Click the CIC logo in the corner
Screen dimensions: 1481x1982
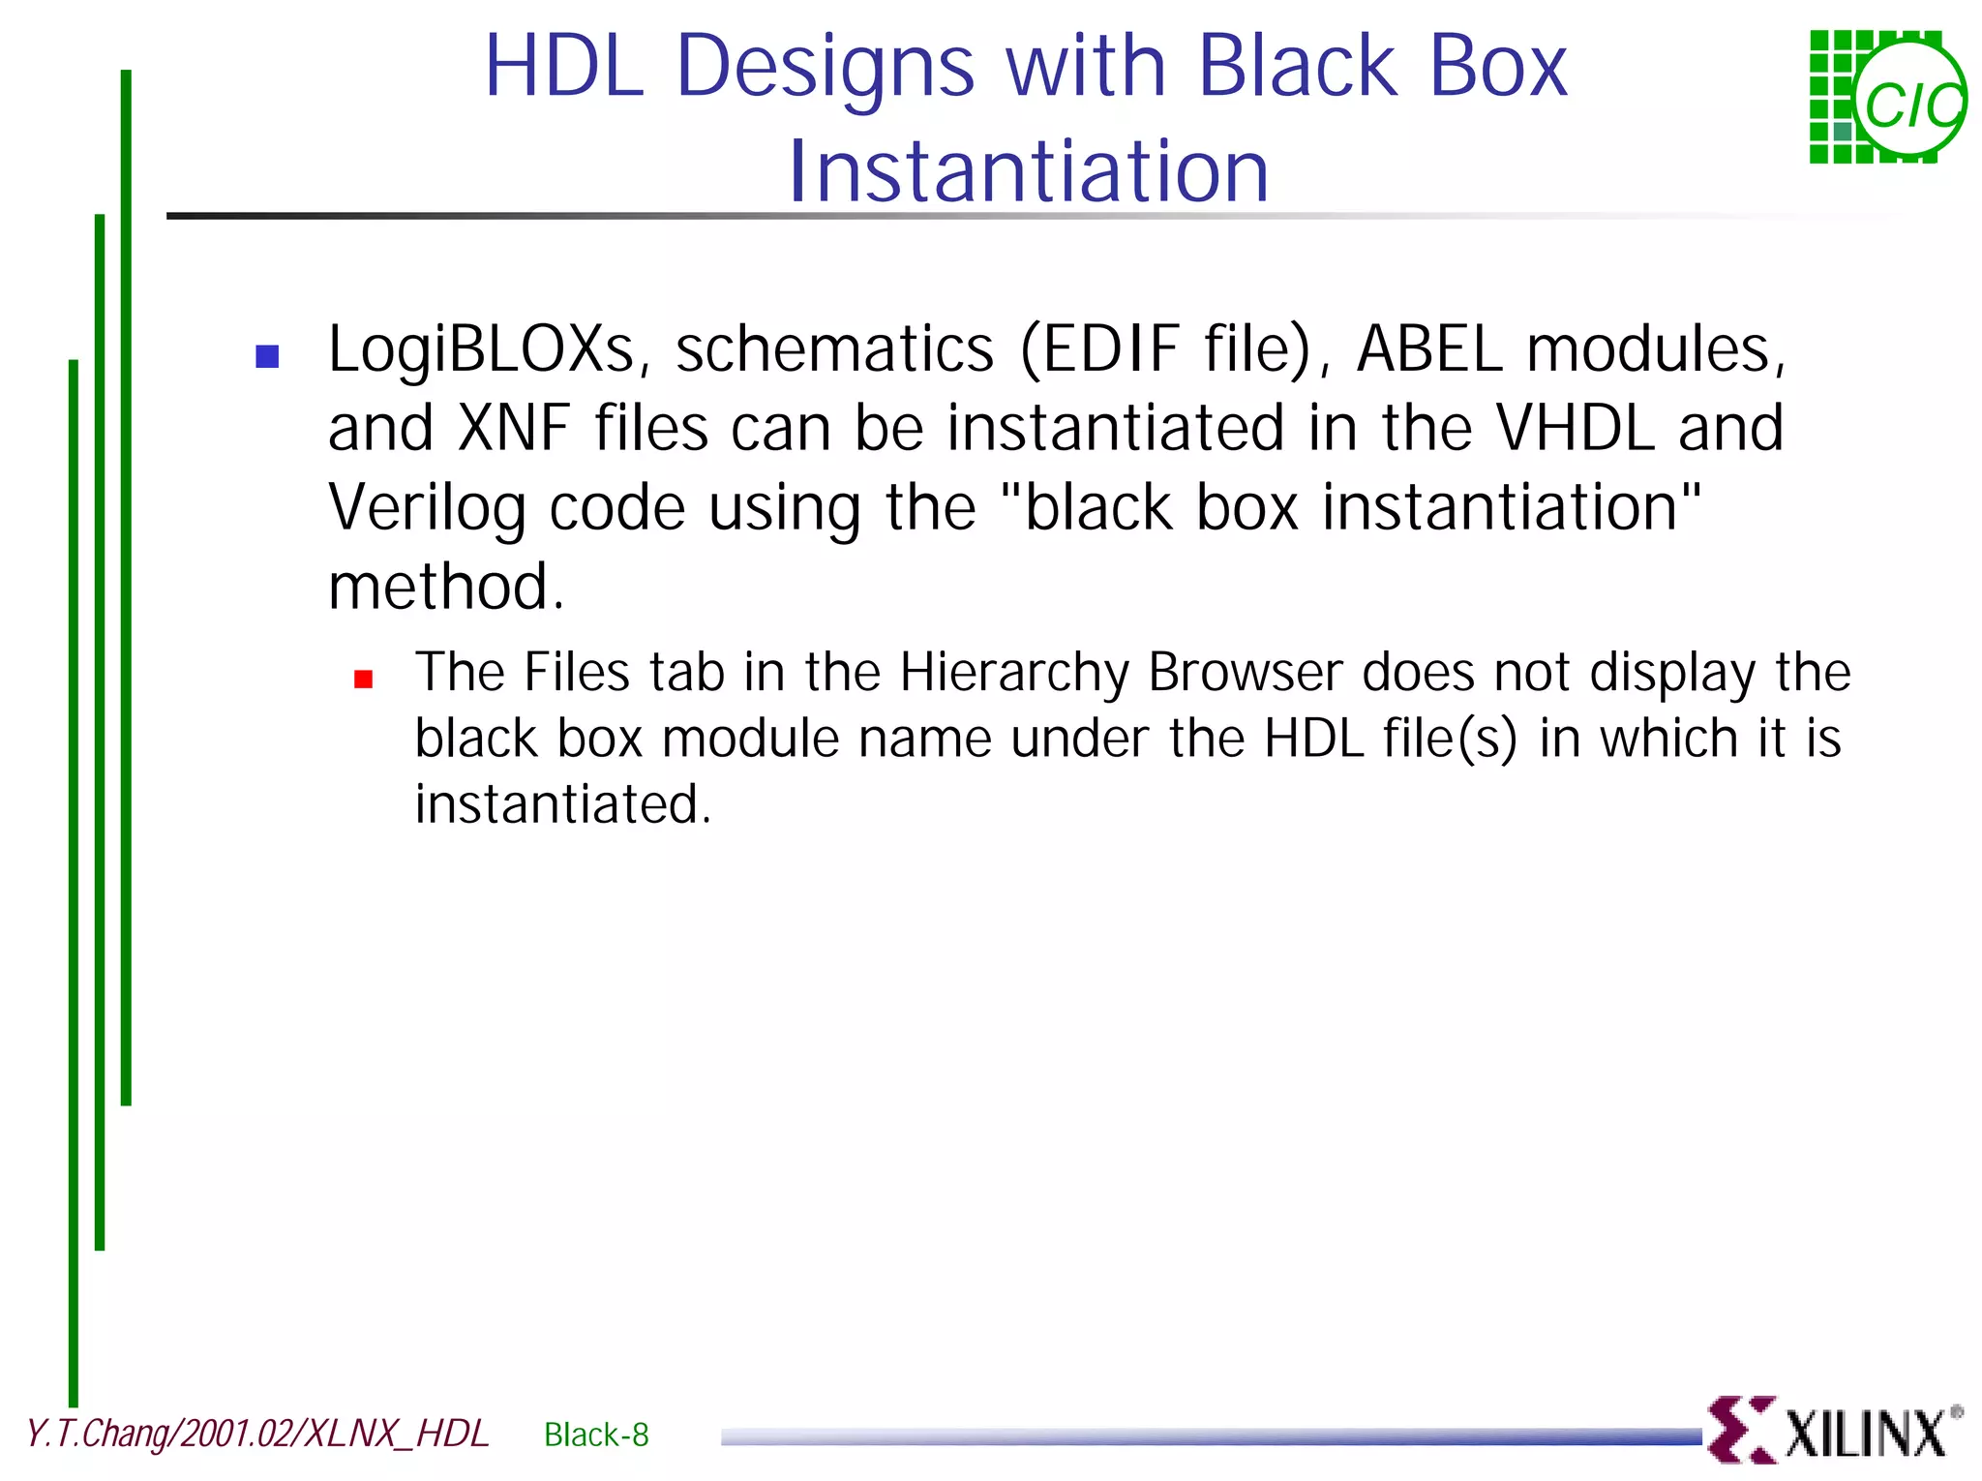click(1886, 97)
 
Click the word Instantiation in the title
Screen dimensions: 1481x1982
click(1028, 171)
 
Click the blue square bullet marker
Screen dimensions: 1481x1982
click(267, 357)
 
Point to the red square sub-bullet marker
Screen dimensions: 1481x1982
click(364, 680)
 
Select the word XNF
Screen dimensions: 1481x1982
click(514, 428)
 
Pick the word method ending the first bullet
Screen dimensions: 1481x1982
click(445, 588)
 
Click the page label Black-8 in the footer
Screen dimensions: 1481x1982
click(596, 1435)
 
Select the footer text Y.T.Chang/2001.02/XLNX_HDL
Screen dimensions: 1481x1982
click(257, 1434)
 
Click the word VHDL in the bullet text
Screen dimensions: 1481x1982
click(1575, 428)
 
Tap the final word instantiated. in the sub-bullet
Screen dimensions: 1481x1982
click(562, 804)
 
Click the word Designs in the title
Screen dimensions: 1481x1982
click(826, 68)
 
